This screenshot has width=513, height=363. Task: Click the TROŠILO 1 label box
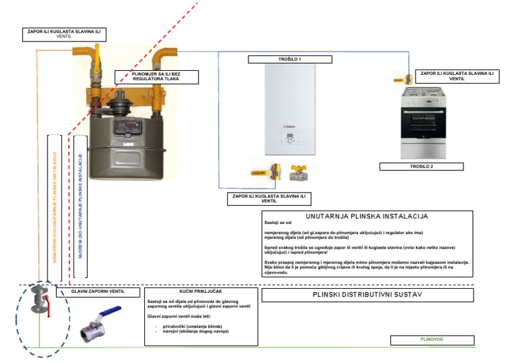(291, 59)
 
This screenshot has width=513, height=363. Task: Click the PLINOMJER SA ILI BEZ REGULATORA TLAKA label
(156, 77)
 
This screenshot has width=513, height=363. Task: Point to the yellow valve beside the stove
(401, 78)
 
